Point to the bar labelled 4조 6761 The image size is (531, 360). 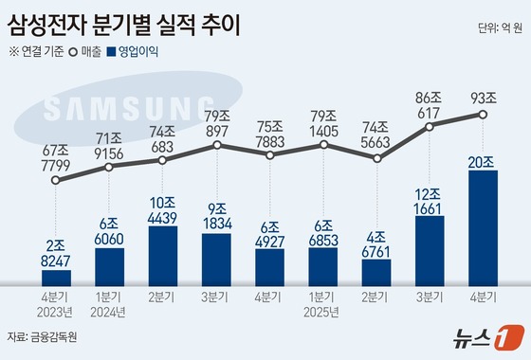(x=377, y=271)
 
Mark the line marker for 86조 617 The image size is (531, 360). (x=430, y=125)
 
